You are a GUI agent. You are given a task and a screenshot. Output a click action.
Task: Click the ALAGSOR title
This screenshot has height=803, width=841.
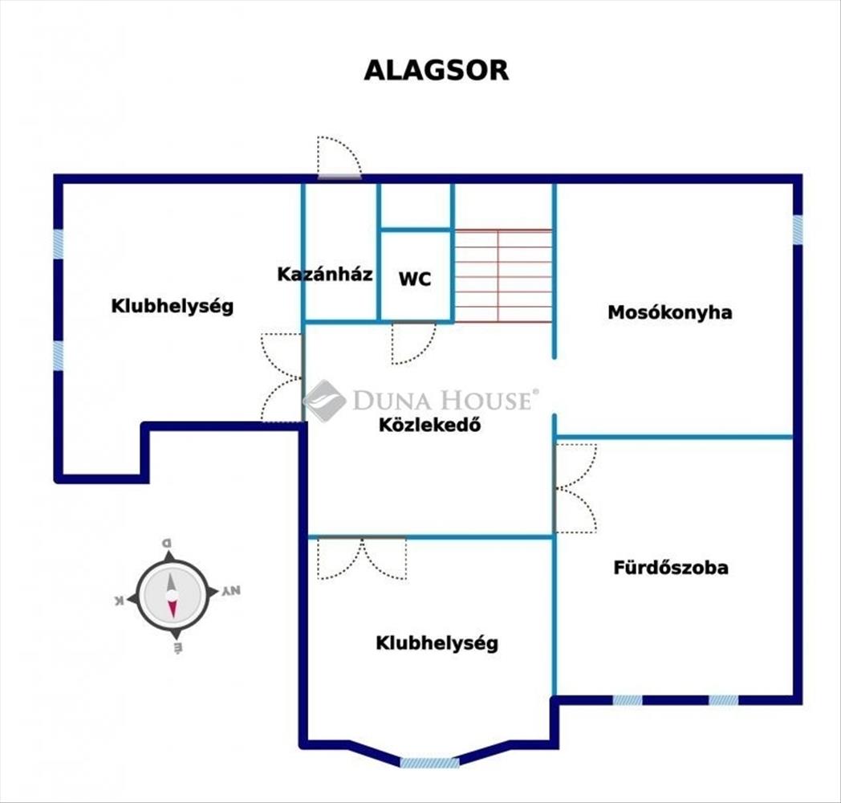coord(436,70)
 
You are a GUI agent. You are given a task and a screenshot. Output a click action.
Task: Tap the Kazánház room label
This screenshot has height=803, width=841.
coord(324,274)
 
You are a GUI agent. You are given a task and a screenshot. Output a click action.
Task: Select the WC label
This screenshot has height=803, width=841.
coord(415,279)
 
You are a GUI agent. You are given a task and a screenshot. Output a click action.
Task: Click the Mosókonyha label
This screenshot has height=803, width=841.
coord(669,312)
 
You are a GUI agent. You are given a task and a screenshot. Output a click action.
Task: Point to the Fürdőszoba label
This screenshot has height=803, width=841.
coord(671,568)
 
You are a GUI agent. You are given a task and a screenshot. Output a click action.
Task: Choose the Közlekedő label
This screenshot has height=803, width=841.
coord(429,426)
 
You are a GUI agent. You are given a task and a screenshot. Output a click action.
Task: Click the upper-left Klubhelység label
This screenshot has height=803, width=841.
coord(172,306)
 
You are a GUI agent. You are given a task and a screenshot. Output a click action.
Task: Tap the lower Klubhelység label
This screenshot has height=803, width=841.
coord(437,643)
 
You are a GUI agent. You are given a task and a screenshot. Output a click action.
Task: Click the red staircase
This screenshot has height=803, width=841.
coord(503,275)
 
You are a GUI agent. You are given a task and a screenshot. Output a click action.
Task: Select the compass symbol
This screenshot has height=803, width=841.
coord(173,594)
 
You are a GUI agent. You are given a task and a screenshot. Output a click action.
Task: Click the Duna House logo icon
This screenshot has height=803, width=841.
coord(323,400)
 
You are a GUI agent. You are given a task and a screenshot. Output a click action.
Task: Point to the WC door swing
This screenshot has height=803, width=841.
coord(412,343)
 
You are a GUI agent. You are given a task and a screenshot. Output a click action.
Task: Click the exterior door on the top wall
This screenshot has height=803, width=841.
coord(339,158)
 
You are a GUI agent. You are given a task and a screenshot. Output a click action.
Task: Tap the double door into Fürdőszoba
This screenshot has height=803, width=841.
coord(575,487)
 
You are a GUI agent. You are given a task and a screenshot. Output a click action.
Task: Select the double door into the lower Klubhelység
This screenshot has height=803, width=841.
coord(362,558)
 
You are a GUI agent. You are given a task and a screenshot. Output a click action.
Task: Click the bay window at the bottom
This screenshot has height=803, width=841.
coord(429,763)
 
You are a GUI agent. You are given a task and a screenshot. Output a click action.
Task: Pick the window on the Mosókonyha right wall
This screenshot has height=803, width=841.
coord(797,230)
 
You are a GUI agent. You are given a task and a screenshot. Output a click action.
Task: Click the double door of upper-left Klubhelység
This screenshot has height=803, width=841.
coord(281,377)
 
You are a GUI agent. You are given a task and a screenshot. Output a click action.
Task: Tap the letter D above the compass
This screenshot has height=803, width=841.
coord(168,544)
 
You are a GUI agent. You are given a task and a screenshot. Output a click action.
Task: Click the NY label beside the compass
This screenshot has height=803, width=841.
coord(231,592)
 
